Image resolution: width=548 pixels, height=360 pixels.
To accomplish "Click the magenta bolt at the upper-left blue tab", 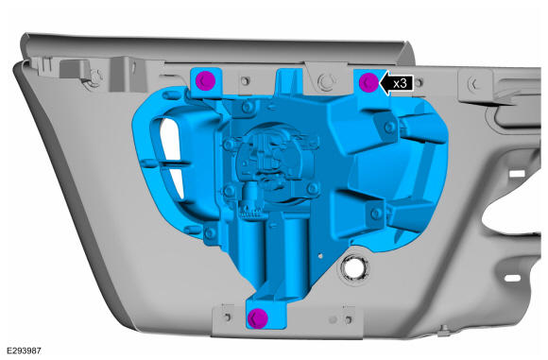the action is point(205,80).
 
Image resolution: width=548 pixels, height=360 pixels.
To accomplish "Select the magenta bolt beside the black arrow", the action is point(368,82).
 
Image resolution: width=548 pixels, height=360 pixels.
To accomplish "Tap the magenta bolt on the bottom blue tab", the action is point(258,317).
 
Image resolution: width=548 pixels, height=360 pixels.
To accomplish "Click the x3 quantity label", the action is point(400,83).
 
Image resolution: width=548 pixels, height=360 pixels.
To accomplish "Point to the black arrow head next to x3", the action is point(385,83).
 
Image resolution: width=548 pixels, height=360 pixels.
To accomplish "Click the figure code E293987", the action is point(24,351).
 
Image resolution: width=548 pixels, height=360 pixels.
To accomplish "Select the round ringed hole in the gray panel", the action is point(354,268).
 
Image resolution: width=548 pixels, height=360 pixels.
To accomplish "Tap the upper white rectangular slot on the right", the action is point(517,173).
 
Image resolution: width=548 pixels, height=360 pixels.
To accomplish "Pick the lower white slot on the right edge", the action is point(513,278).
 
